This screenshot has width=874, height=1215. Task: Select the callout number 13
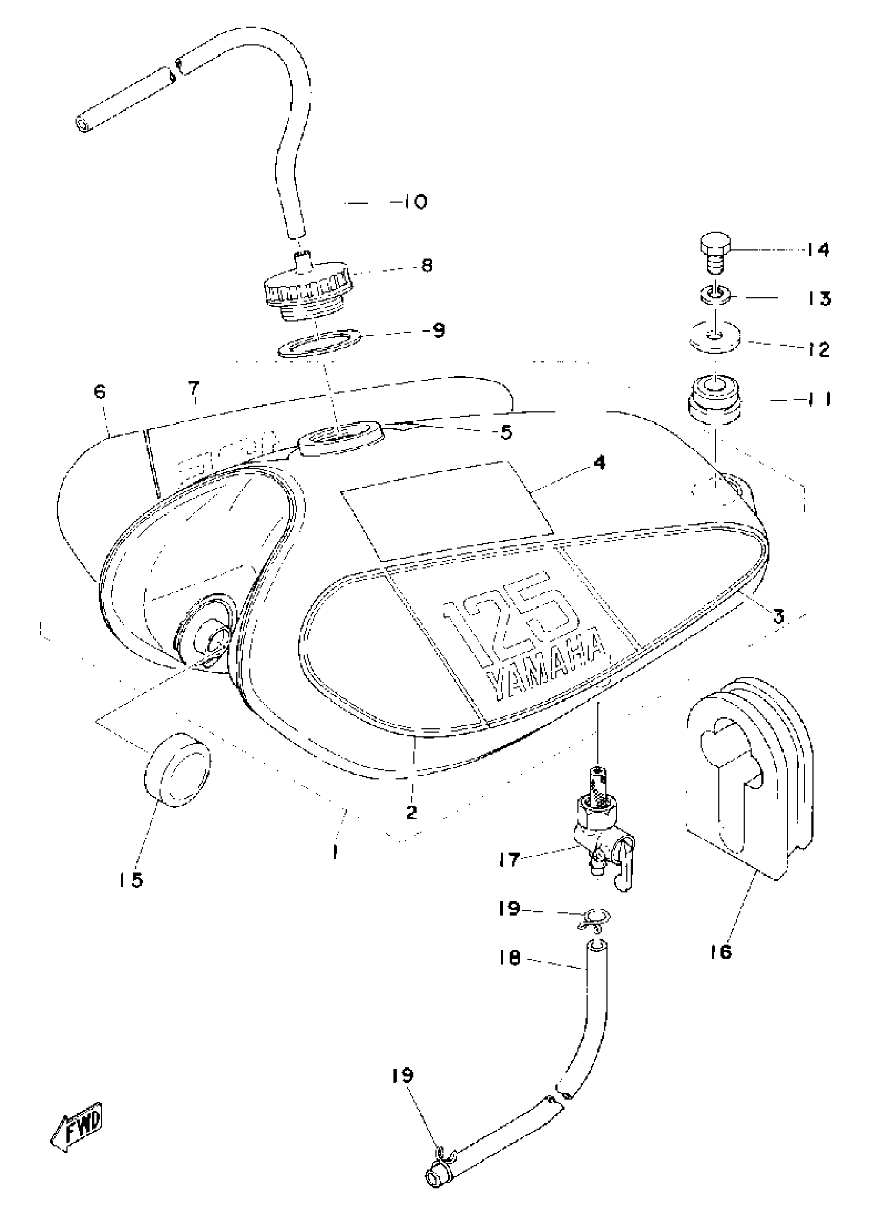[818, 298]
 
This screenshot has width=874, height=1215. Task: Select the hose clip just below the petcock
[593, 920]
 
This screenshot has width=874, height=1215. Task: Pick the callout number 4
[599, 462]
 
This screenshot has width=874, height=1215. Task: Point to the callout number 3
[778, 616]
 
